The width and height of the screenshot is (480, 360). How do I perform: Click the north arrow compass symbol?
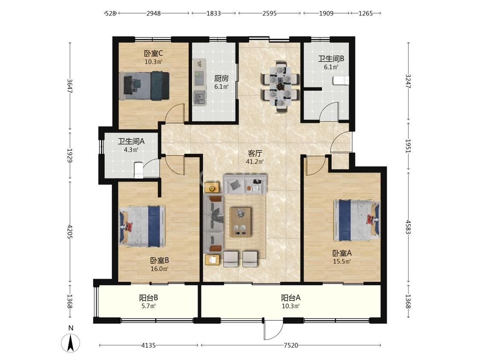point(71,343)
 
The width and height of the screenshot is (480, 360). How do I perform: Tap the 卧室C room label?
point(153,54)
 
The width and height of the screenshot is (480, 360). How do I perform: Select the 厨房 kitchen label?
point(221,78)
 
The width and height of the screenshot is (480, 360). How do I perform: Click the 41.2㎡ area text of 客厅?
point(255,161)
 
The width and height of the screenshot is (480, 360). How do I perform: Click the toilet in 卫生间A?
point(139,170)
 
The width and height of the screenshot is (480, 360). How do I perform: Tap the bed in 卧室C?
point(144,86)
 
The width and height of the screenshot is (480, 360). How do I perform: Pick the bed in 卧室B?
point(142,226)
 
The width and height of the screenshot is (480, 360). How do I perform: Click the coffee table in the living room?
point(241,222)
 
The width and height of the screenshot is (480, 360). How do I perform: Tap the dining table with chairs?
point(280,87)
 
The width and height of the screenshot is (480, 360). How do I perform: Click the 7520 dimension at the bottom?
point(291,345)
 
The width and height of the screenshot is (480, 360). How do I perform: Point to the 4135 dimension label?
point(148,345)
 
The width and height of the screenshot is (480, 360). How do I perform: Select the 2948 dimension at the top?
point(153,13)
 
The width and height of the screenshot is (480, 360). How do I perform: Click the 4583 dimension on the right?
point(408,227)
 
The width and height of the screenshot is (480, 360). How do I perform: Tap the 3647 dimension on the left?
point(70,87)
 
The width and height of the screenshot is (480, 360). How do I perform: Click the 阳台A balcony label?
point(291,298)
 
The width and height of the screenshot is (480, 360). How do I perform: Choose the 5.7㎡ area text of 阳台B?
point(148,306)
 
